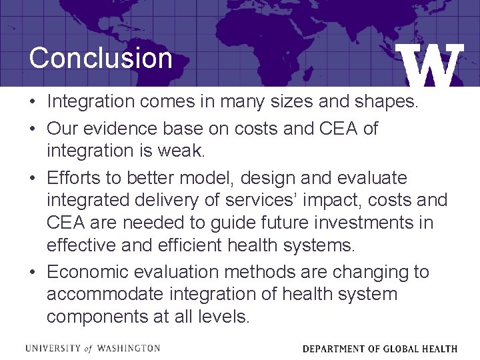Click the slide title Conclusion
[101, 58]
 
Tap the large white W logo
[432, 67]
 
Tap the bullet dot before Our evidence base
[33, 128]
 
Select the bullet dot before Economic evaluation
[33, 273]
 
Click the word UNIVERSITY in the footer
[49, 348]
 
